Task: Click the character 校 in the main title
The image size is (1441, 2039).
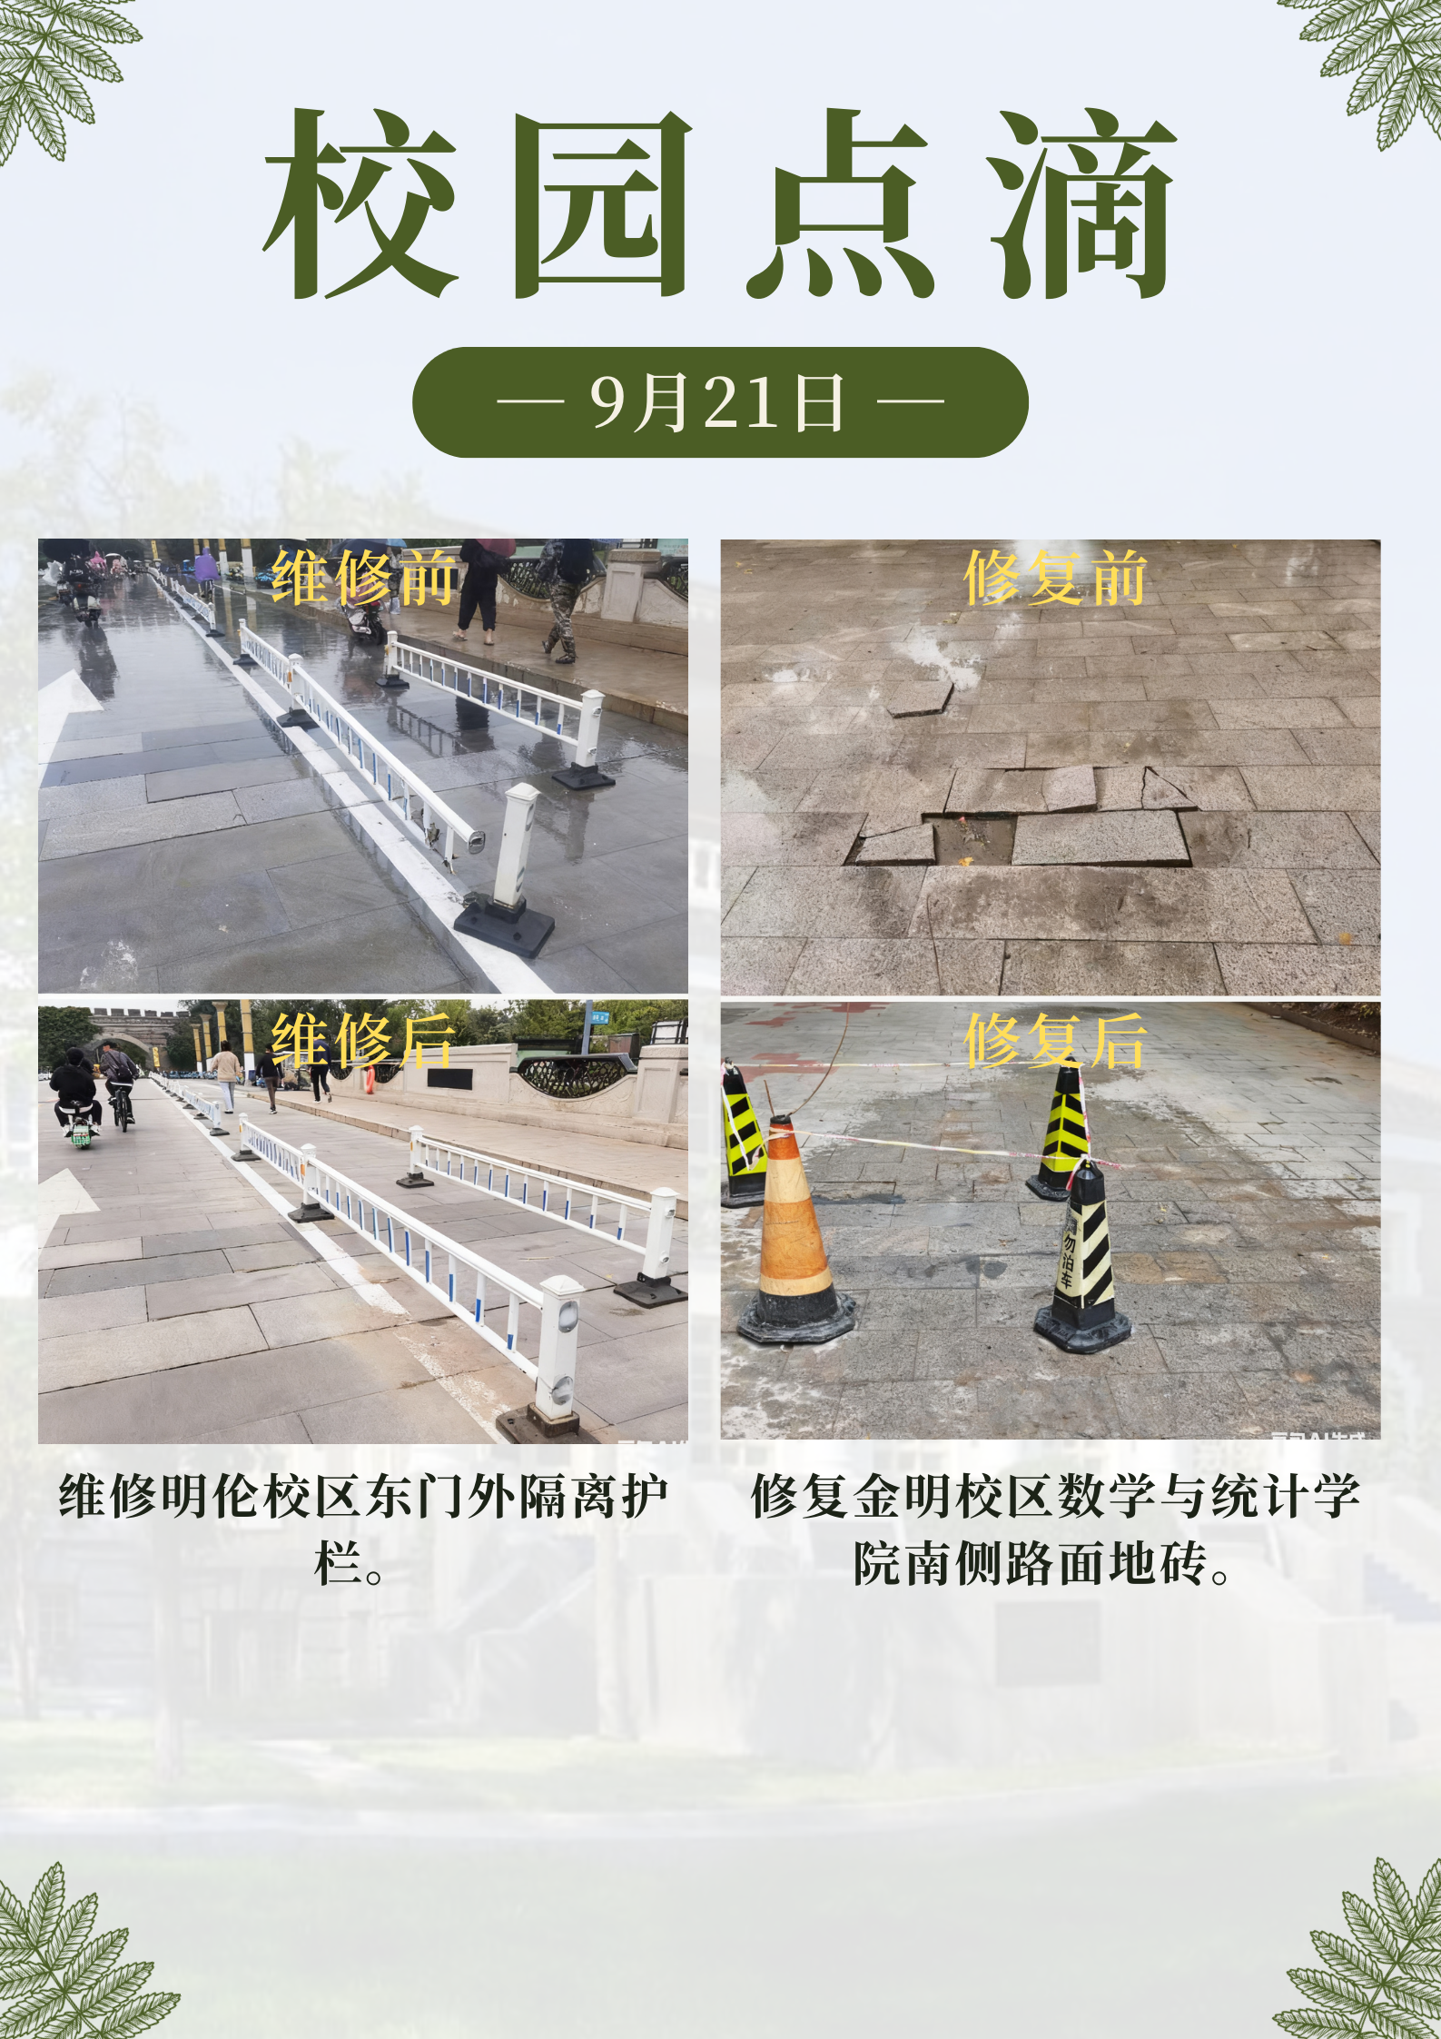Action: [360, 204]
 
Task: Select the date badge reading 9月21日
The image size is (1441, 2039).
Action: [720, 401]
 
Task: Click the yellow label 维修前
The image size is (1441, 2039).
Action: [363, 578]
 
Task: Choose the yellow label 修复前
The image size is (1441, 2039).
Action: [1055, 578]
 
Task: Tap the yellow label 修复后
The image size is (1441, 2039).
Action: [1055, 1040]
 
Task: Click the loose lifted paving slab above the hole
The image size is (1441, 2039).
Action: [919, 698]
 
